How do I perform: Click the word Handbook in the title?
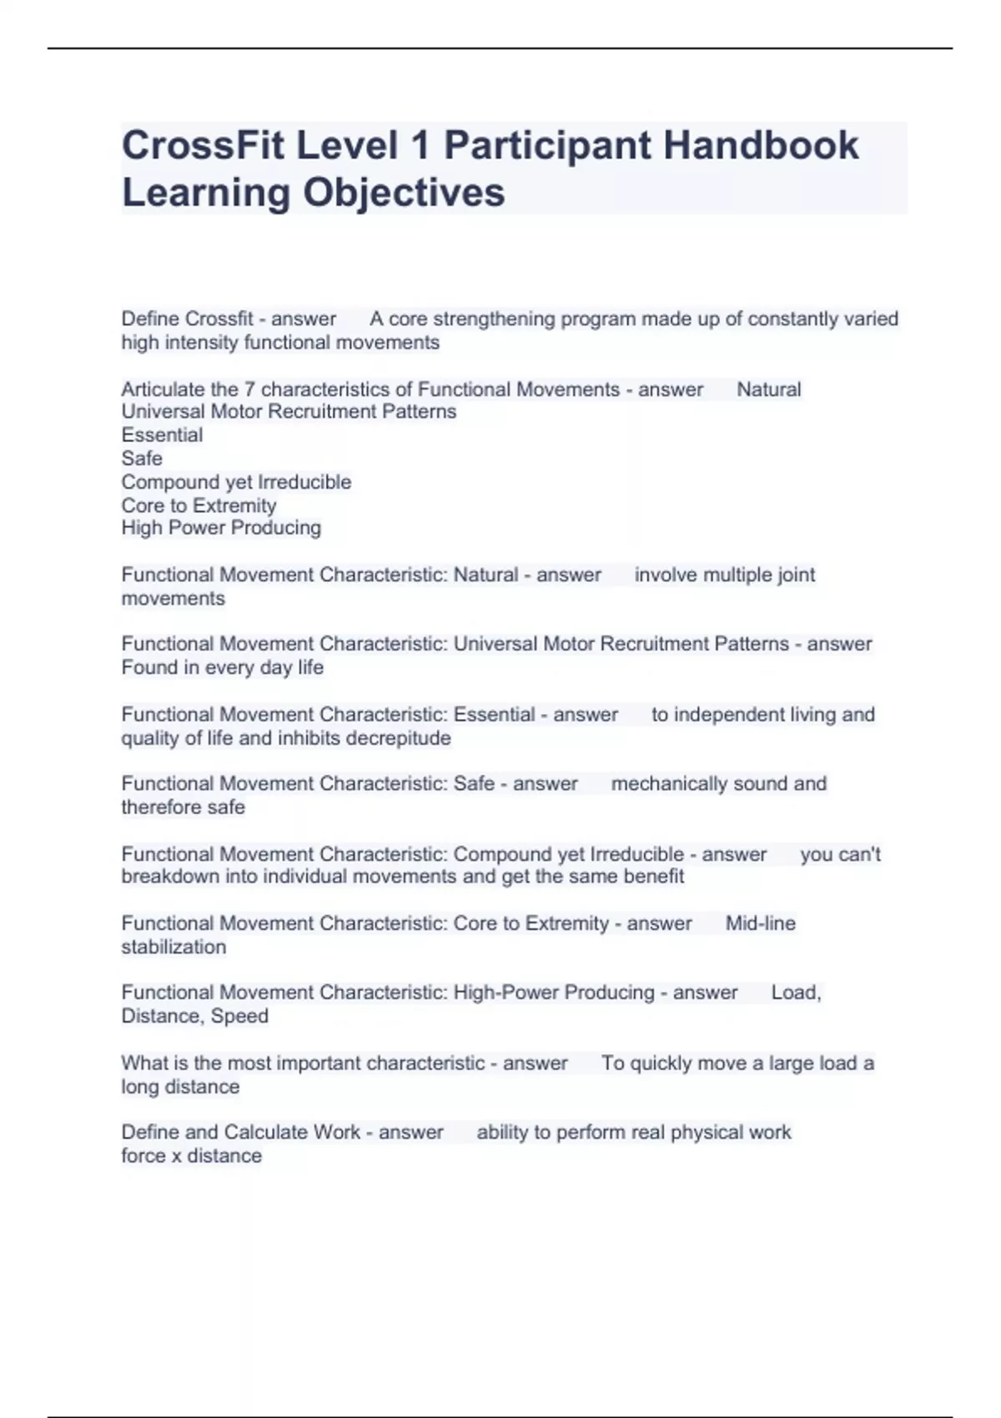[x=761, y=145]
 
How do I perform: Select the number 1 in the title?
[x=420, y=145]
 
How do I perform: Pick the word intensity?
[x=205, y=342]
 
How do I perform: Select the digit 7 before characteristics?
[x=249, y=389]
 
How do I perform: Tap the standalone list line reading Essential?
[x=162, y=435]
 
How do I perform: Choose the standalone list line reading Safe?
[x=142, y=458]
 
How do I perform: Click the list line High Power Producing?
[x=221, y=527]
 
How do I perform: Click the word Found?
[x=149, y=667]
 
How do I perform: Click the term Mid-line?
[x=760, y=923]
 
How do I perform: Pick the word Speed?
[x=239, y=1016]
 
